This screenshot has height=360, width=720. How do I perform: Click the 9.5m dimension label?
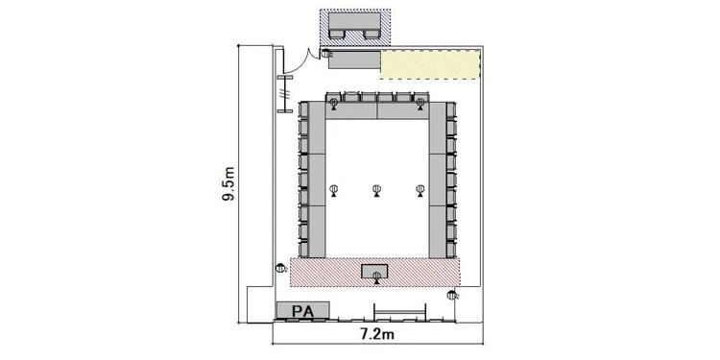click(228, 184)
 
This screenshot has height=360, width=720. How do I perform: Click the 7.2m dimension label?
click(376, 334)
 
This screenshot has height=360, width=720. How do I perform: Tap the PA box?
click(302, 310)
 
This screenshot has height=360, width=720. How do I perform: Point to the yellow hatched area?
click(430, 64)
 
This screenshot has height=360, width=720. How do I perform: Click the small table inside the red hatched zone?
click(374, 272)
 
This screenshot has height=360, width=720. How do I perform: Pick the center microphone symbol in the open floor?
click(376, 190)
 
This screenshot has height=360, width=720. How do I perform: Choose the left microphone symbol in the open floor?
click(334, 190)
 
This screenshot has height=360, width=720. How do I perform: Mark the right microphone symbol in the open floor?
click(420, 190)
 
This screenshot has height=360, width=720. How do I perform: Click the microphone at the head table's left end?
click(334, 105)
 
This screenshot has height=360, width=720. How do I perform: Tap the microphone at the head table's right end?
click(420, 105)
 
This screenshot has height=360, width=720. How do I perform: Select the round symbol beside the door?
click(326, 53)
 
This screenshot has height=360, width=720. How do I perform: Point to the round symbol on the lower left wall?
click(280, 268)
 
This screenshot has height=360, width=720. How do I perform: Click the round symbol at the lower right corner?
click(452, 296)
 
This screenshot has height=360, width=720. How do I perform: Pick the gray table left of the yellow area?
click(354, 60)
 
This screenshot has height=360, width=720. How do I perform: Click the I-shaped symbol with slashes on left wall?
click(285, 94)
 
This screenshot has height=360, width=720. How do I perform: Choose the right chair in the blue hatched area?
click(371, 34)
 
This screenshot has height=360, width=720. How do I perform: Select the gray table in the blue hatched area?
click(355, 21)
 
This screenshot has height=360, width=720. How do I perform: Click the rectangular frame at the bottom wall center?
click(400, 312)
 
